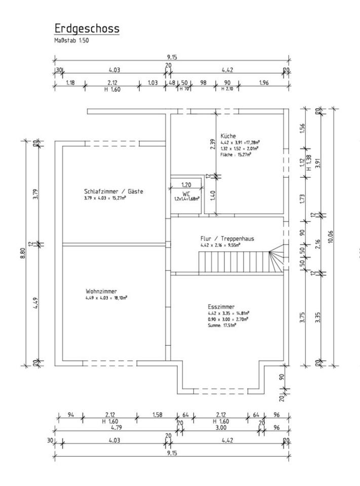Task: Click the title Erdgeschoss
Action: [x=87, y=28]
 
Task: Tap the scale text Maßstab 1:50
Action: [x=71, y=40]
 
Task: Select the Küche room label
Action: [x=228, y=136]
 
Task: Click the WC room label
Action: [x=186, y=194]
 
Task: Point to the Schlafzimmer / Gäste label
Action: [x=113, y=191]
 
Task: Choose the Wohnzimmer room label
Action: [x=101, y=292]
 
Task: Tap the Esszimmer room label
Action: [x=221, y=307]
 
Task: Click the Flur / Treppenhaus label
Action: [x=227, y=238]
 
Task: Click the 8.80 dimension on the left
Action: [x=23, y=253]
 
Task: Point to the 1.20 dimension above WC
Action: [x=186, y=185]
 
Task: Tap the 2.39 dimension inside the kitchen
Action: [x=212, y=144]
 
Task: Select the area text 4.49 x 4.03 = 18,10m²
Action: [x=106, y=298]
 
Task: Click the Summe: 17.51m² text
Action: [x=222, y=326]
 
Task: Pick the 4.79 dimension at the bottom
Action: [x=116, y=427]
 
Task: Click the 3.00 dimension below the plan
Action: [x=221, y=427]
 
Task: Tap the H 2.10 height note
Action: [x=227, y=89]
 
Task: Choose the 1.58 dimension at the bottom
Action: [x=157, y=415]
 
